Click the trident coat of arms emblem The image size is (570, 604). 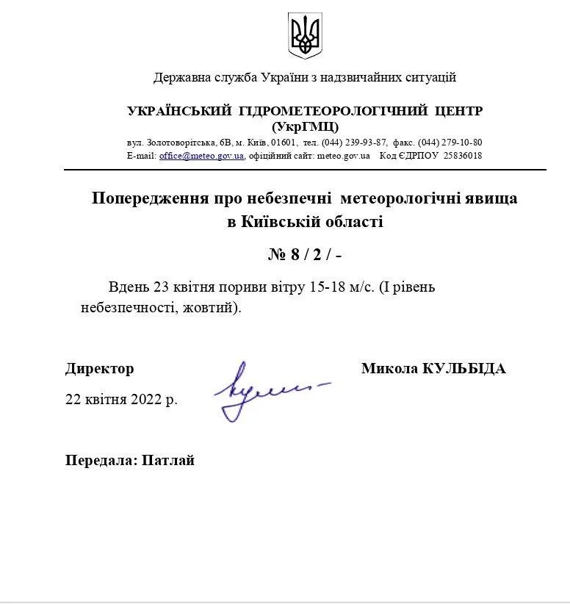point(305,35)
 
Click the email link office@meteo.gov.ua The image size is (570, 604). point(201,156)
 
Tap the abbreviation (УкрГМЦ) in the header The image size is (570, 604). point(305,126)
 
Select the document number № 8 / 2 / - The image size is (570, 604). point(305,255)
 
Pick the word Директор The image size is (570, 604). point(99,369)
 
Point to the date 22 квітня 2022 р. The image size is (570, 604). point(121,400)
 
